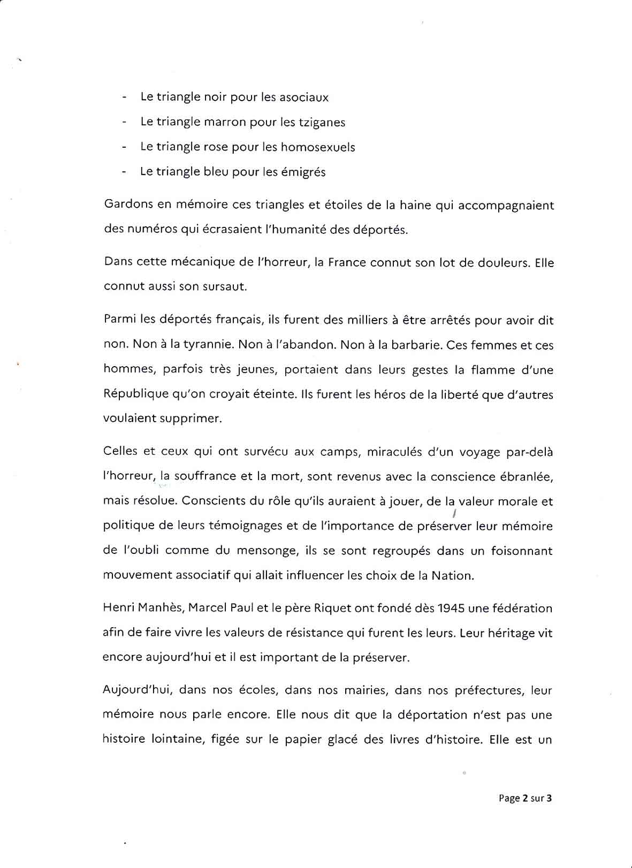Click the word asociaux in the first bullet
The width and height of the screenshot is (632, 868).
point(302,97)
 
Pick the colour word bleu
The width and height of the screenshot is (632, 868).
point(223,172)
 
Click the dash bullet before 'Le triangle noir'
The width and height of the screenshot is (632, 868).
point(125,98)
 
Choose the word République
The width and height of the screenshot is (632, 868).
point(135,394)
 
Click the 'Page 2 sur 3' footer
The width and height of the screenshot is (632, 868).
point(525,798)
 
